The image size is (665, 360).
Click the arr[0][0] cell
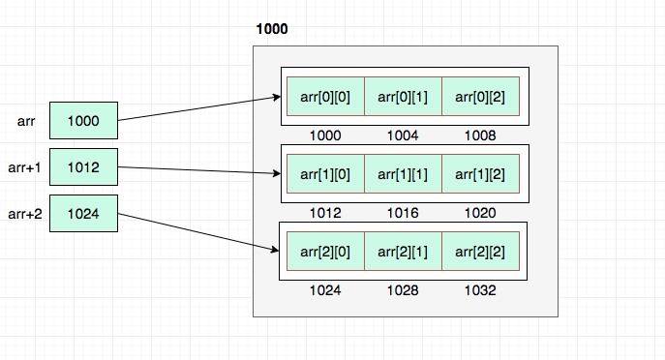pyautogui.click(x=325, y=96)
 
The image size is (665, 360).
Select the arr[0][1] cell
pyautogui.click(x=403, y=96)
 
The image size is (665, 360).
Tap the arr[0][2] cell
pyautogui.click(x=481, y=96)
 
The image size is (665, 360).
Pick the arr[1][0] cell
pyautogui.click(x=325, y=173)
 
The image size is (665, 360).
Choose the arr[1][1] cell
pyautogui.click(x=403, y=173)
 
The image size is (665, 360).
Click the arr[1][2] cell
pyautogui.click(x=481, y=173)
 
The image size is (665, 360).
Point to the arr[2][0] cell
pyautogui.click(x=325, y=251)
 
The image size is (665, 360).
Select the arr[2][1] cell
pyautogui.click(x=403, y=251)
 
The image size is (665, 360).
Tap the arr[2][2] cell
pyautogui.click(x=481, y=251)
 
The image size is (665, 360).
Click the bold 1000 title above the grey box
pyautogui.click(x=271, y=30)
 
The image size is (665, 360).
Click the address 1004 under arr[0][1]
pyautogui.click(x=402, y=135)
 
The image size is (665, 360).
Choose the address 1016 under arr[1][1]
pyautogui.click(x=402, y=212)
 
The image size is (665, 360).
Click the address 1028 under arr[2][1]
pyautogui.click(x=402, y=289)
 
